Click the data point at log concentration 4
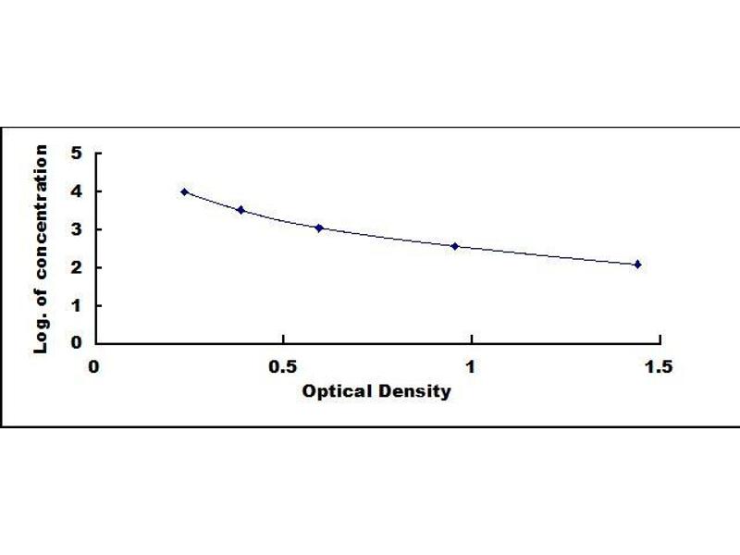(x=184, y=191)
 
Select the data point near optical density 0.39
(x=241, y=210)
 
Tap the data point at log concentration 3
(x=319, y=228)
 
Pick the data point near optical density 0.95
(x=455, y=246)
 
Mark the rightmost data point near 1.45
(x=637, y=265)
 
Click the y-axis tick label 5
(x=77, y=153)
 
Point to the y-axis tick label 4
(x=77, y=191)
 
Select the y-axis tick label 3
(x=77, y=229)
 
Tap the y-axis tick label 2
(x=77, y=267)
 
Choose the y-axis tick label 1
(x=77, y=306)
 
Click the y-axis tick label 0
(x=77, y=342)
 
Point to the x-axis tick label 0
(x=94, y=366)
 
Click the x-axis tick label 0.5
(x=283, y=366)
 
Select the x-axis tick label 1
(x=471, y=366)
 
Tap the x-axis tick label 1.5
(x=659, y=366)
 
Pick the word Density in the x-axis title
(x=412, y=391)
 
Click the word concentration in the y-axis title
(x=41, y=212)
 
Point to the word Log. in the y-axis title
(x=42, y=334)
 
